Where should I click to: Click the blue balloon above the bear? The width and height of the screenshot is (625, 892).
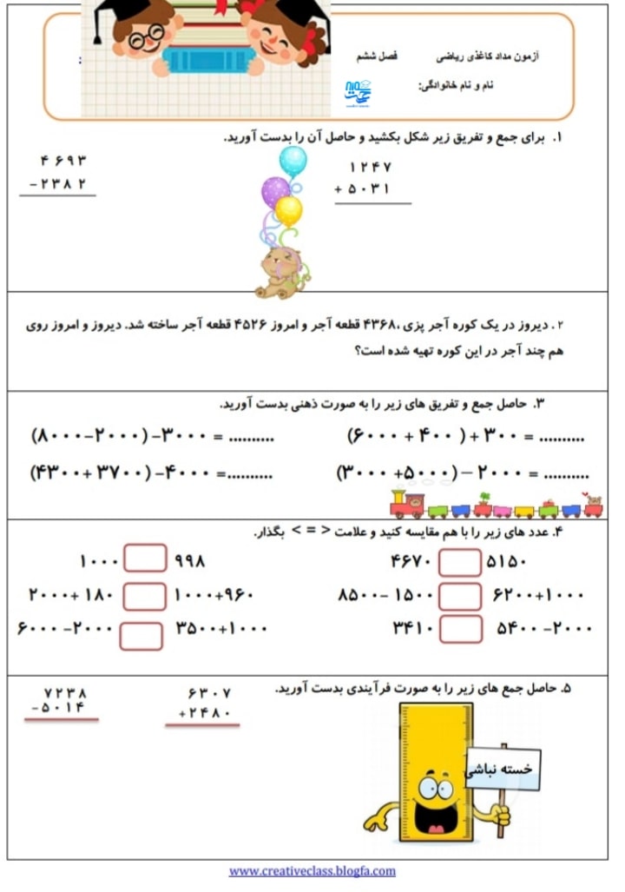click(293, 160)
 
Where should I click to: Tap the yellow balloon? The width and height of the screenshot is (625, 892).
click(288, 209)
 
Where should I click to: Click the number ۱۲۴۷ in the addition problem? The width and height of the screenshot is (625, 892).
click(370, 167)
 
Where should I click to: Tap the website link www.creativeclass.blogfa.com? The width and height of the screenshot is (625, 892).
click(312, 870)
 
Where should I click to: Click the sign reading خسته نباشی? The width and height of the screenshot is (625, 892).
click(503, 770)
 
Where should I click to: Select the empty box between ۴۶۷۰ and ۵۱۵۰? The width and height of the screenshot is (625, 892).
click(460, 562)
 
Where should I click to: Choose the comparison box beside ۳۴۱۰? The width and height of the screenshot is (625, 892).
click(460, 628)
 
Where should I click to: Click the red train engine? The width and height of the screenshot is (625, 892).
click(406, 504)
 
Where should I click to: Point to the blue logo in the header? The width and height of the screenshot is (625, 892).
click(358, 92)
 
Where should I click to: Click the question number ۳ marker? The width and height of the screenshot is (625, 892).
click(538, 403)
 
